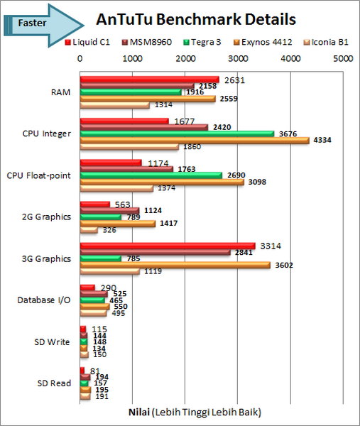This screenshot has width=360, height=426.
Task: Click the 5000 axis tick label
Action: tap(343, 58)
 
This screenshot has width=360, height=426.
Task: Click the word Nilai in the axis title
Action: tap(138, 411)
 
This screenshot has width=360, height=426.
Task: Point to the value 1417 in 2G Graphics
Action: tap(168, 223)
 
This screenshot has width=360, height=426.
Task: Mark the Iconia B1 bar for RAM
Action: tap(114, 105)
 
